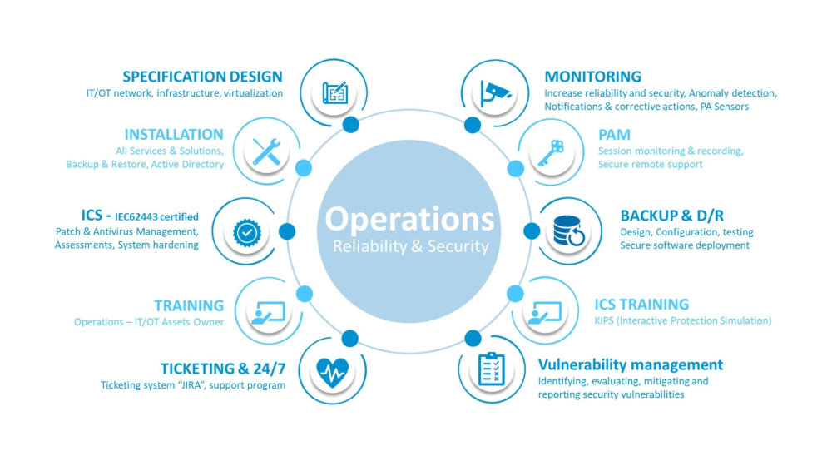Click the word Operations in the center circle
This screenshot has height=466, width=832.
click(x=409, y=219)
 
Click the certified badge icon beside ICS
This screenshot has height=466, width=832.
click(x=247, y=232)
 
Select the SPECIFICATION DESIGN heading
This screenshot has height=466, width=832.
click(x=202, y=77)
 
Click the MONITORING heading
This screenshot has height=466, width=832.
click(x=592, y=77)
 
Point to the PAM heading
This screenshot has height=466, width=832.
click(x=614, y=135)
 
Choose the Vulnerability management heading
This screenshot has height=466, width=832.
click(x=630, y=364)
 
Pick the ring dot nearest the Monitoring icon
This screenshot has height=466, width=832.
click(x=473, y=125)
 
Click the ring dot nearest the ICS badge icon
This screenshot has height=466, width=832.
click(x=288, y=231)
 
